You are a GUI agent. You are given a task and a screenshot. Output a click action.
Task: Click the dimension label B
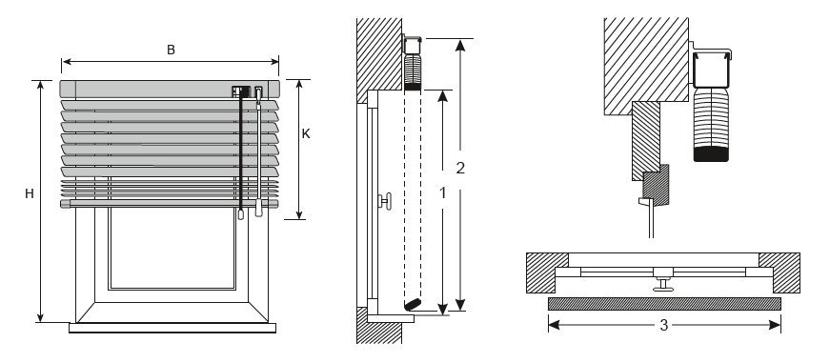(x=171, y=50)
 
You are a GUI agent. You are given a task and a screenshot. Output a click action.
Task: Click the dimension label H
(x=30, y=194)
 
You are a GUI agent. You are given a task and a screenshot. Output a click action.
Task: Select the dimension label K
(x=306, y=134)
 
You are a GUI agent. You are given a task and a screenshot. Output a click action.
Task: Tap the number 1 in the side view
(x=442, y=193)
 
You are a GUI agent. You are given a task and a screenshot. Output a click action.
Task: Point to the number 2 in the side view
(x=460, y=168)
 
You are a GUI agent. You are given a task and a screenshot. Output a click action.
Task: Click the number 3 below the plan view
(x=664, y=325)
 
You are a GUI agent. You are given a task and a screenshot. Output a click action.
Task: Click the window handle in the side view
(x=385, y=201)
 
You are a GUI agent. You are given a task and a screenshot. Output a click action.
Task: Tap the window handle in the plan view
(x=663, y=279)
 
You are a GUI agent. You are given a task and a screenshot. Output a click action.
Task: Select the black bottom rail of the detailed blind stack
(x=711, y=154)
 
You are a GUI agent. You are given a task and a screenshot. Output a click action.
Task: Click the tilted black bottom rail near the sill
(x=413, y=304)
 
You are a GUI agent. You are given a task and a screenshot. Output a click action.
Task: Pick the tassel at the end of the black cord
(x=241, y=213)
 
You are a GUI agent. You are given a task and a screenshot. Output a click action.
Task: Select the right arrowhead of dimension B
(x=274, y=61)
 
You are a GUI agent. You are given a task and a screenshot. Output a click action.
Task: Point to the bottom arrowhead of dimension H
(x=40, y=317)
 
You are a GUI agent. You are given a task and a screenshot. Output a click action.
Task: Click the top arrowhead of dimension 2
(x=460, y=45)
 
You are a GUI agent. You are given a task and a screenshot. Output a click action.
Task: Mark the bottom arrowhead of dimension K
(x=299, y=214)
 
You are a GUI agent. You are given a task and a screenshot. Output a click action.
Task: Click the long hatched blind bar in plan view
(x=664, y=304)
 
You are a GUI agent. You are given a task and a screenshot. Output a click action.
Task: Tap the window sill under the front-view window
(x=172, y=328)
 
